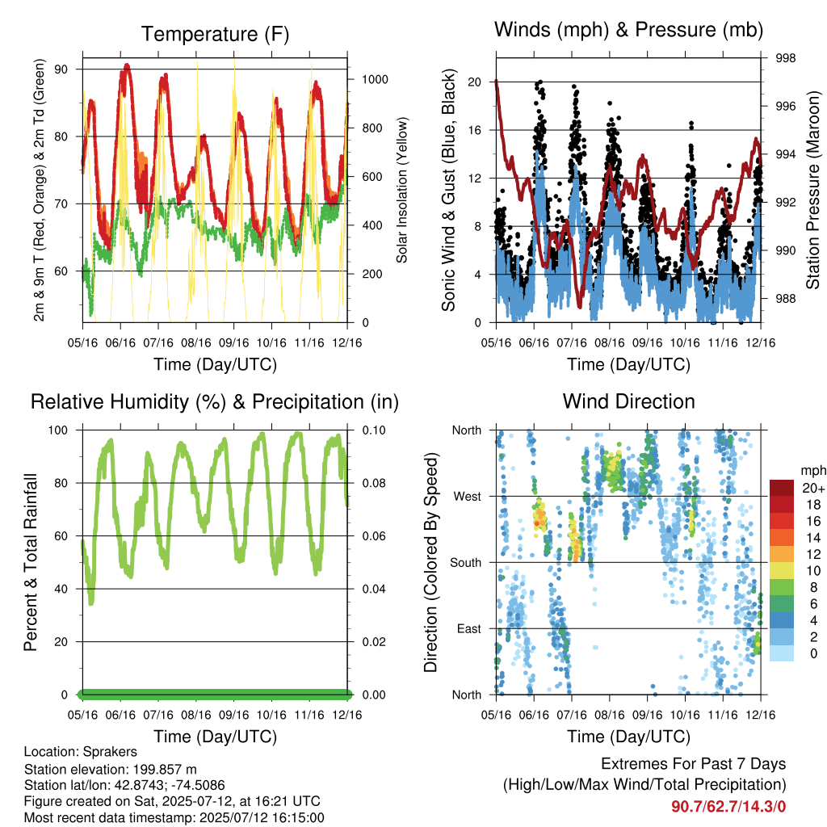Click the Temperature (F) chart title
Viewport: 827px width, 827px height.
pyautogui.click(x=215, y=34)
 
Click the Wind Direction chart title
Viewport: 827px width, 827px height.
pyautogui.click(x=628, y=401)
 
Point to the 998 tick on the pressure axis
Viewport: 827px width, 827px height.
pyautogui.click(x=785, y=58)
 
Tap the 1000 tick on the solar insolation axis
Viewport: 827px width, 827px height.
pyautogui.click(x=375, y=80)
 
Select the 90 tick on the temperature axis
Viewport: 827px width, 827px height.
pyautogui.click(x=61, y=69)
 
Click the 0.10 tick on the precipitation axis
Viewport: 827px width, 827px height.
pyautogui.click(x=374, y=430)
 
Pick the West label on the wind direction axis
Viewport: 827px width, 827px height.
pyautogui.click(x=468, y=497)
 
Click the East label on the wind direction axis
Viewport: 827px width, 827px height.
pyautogui.click(x=469, y=628)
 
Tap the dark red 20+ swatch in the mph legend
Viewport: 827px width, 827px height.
pyautogui.click(x=782, y=488)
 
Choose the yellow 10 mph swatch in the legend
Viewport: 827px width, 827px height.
pyautogui.click(x=782, y=571)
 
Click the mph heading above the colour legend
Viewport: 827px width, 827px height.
pyautogui.click(x=812, y=471)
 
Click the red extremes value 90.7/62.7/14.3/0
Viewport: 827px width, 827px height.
pyautogui.click(x=728, y=806)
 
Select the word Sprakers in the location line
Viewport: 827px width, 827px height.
pyautogui.click(x=110, y=752)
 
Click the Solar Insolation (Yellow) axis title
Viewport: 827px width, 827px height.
pyautogui.click(x=402, y=190)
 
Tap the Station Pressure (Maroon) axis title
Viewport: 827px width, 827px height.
pyautogui.click(x=812, y=190)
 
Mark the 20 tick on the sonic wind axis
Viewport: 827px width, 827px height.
pyautogui.click(x=474, y=82)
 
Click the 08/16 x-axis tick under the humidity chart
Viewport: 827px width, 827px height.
pyautogui.click(x=196, y=716)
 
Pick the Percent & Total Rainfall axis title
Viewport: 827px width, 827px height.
pyautogui.click(x=31, y=562)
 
